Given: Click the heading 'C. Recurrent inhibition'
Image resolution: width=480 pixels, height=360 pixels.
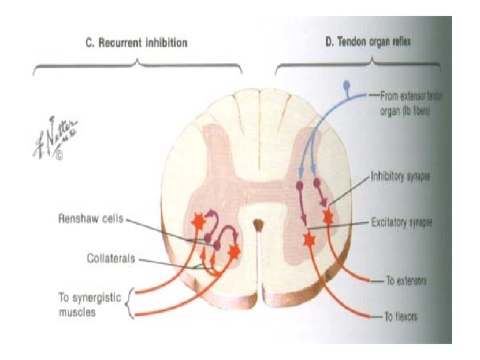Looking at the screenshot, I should coord(136,43).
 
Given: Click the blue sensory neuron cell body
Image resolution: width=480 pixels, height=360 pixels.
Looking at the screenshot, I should coord(345,85).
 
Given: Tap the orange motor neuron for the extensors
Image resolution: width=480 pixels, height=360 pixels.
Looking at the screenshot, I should coord(328,217).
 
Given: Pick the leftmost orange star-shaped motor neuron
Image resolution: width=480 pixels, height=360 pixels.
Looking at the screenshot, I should coord(198,222).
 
